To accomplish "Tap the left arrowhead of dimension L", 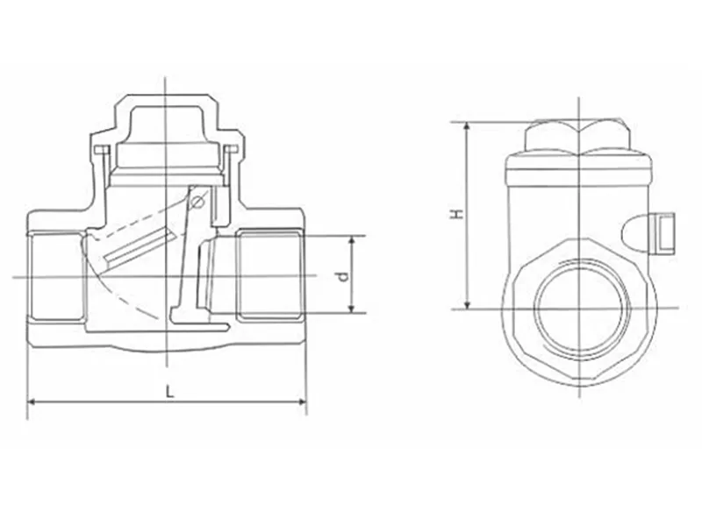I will pos(32,402).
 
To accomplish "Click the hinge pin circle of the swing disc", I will pos(197,203).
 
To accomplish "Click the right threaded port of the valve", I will pos(269,274).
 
